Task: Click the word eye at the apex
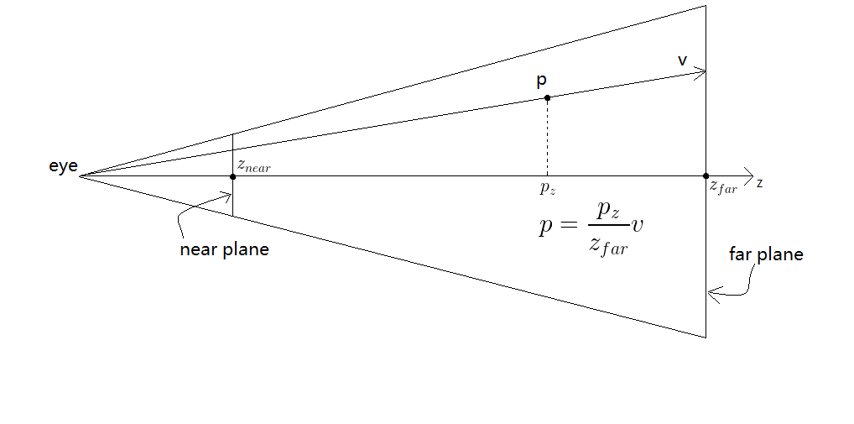[x=63, y=167]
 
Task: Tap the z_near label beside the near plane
[x=253, y=166]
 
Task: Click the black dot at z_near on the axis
[x=232, y=176]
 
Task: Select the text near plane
[x=224, y=249]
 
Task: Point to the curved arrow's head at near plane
[x=229, y=196]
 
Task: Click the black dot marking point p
[x=547, y=98]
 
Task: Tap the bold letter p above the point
[x=542, y=81]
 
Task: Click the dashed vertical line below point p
[x=547, y=139]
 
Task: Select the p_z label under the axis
[x=547, y=189]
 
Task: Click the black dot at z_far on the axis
[x=706, y=176]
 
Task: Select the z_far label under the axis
[x=723, y=189]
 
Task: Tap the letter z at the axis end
[x=759, y=183]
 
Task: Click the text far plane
[x=766, y=254]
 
